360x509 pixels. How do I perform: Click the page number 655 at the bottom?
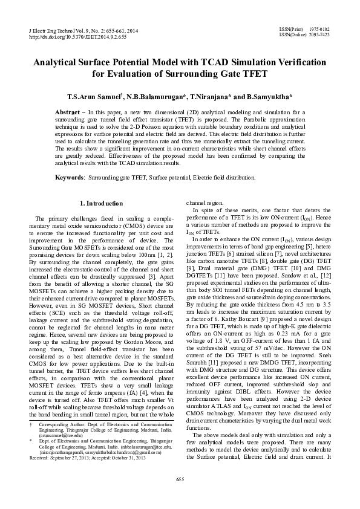click(x=180, y=496)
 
